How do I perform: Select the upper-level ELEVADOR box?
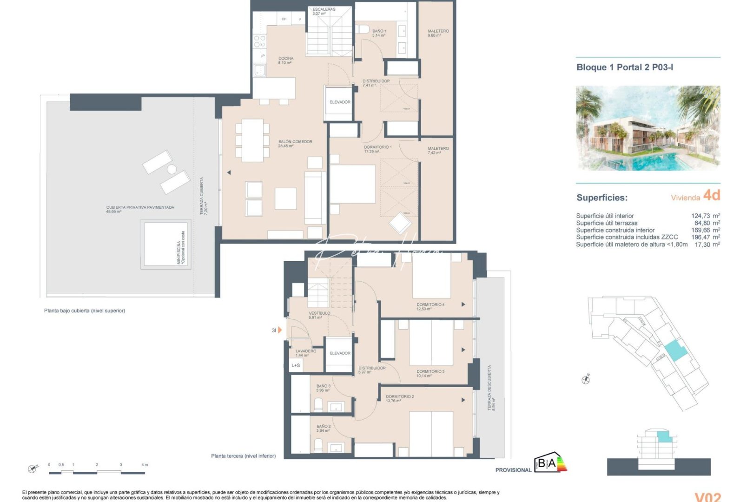click(339, 102)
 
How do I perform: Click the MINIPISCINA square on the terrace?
click(166, 244)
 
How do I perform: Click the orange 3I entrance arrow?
click(280, 330)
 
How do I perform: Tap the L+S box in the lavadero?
click(296, 365)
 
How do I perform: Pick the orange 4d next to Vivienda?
click(711, 195)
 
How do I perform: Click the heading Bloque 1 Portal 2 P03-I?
click(624, 67)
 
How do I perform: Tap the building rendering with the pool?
click(647, 128)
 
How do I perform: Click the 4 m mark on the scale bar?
click(145, 465)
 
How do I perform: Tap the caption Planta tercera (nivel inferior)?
click(243, 456)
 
